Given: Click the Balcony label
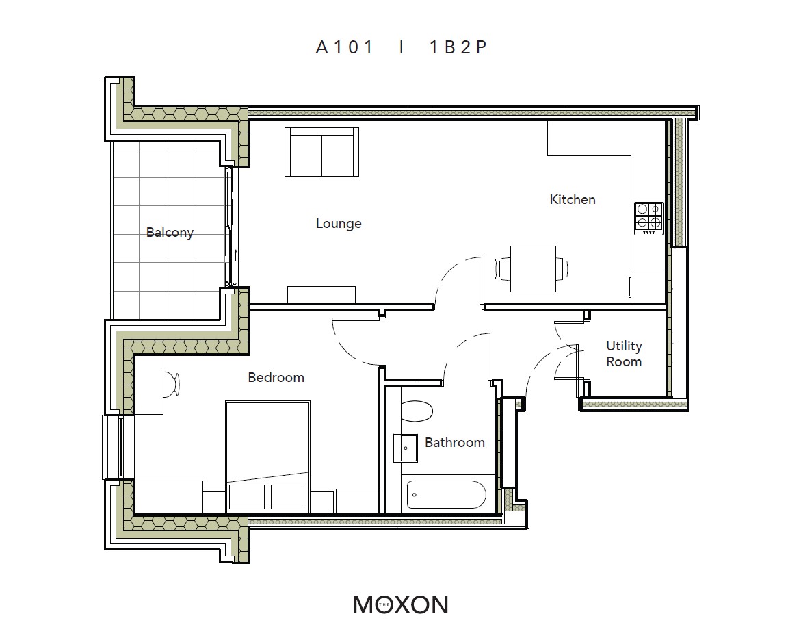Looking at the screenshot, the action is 170,233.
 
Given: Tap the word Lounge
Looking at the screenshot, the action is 339,223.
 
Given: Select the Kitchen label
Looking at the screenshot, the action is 573,199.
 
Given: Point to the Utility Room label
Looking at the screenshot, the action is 624,354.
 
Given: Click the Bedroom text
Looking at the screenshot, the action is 276,377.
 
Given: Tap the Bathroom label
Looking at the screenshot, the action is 455,442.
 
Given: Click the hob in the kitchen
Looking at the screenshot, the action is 648,219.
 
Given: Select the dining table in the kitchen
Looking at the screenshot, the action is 534,269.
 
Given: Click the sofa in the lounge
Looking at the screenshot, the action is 321,152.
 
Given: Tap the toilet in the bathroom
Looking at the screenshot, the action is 417,411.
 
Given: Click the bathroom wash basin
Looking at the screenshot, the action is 406,448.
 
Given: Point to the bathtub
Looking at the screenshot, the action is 446,494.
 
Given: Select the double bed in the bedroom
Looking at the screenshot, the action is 267,457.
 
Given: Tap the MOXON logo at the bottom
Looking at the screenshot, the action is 401,604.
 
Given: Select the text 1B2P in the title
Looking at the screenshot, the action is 458,47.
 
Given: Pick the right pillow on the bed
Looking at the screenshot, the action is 289,496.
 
